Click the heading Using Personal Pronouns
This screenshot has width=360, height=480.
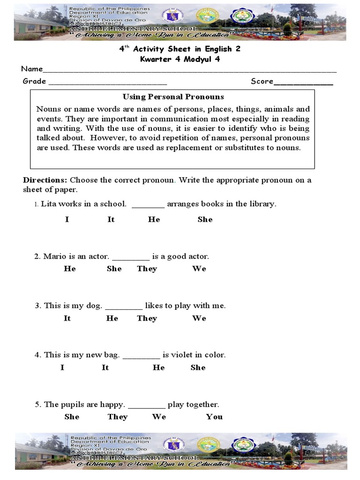[x=173, y=97]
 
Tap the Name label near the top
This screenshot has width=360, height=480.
[x=32, y=69]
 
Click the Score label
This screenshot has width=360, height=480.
[x=262, y=81]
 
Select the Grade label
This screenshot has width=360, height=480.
[x=34, y=81]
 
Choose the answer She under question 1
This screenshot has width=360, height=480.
[x=205, y=219]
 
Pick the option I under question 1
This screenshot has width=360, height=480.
[x=67, y=219]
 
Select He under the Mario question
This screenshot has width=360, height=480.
[x=70, y=269]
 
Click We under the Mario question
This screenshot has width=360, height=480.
[x=199, y=269]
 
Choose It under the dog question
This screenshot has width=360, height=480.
[x=67, y=318]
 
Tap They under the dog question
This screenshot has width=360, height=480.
[x=147, y=318]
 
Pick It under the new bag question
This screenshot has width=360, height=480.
[x=105, y=367]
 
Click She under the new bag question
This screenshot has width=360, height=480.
[x=198, y=367]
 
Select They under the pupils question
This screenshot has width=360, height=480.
[x=117, y=417]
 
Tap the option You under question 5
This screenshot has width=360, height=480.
[x=214, y=417]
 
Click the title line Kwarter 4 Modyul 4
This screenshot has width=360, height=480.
[x=180, y=59]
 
